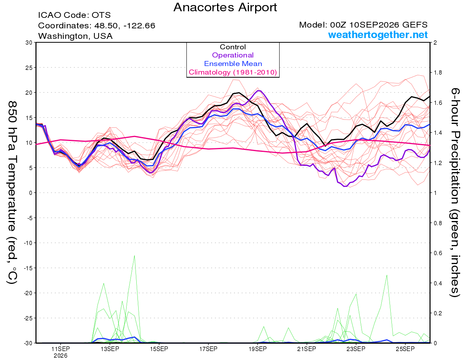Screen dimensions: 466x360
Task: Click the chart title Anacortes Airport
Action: [x=225, y=7]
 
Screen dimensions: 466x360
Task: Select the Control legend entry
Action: [x=233, y=47]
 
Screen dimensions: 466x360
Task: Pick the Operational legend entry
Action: [x=233, y=55]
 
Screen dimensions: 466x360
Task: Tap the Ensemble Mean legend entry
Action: [x=233, y=64]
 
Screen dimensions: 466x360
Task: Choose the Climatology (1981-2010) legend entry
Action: [x=233, y=72]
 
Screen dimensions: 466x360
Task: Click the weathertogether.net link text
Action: [x=378, y=35]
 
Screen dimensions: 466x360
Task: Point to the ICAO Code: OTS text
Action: [x=75, y=15]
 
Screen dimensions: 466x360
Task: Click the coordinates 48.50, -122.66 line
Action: [x=97, y=26]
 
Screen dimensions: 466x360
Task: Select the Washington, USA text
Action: [x=75, y=36]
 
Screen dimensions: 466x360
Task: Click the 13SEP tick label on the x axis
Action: [x=110, y=349]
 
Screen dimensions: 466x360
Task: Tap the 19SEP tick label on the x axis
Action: [x=257, y=349]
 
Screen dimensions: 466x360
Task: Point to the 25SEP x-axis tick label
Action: [x=405, y=349]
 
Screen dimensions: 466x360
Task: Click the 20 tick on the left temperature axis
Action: [x=29, y=93]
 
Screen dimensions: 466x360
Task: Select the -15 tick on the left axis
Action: [x=28, y=268]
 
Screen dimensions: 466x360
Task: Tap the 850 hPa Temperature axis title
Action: [x=12, y=192]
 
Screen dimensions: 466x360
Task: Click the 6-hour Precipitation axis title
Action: [x=454, y=192]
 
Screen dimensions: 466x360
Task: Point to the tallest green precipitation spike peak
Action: [x=134, y=256]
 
